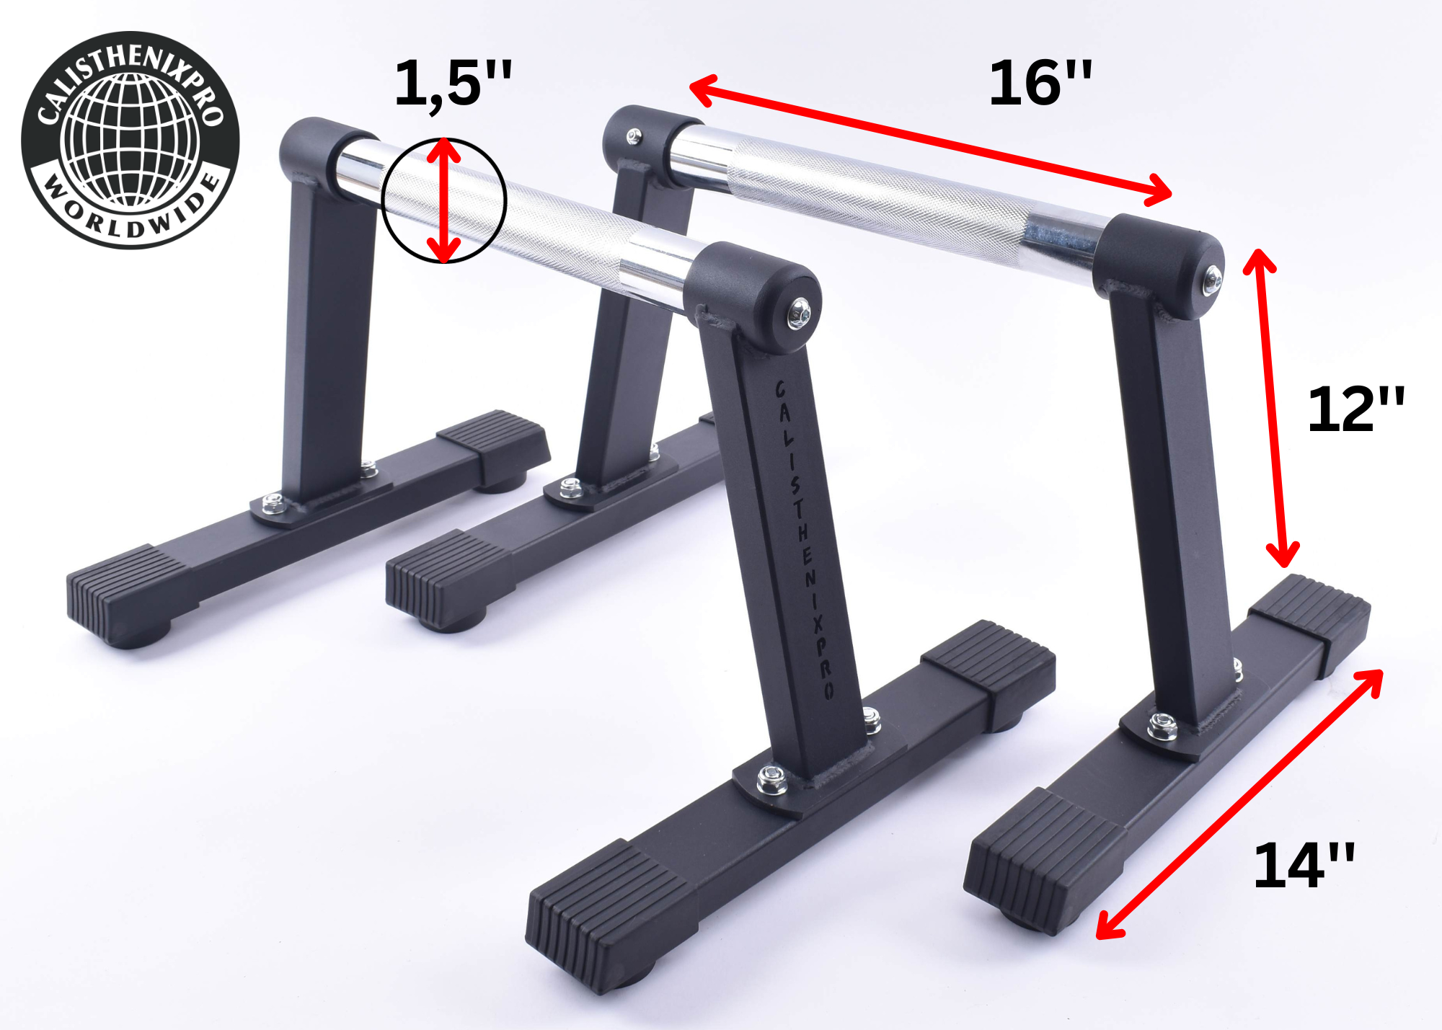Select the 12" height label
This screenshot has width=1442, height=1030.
(1355, 409)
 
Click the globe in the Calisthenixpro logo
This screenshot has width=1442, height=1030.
(131, 140)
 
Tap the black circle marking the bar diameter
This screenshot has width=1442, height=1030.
(383, 202)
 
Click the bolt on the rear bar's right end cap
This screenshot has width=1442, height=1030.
(1213, 279)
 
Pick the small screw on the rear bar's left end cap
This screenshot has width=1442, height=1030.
(634, 136)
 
